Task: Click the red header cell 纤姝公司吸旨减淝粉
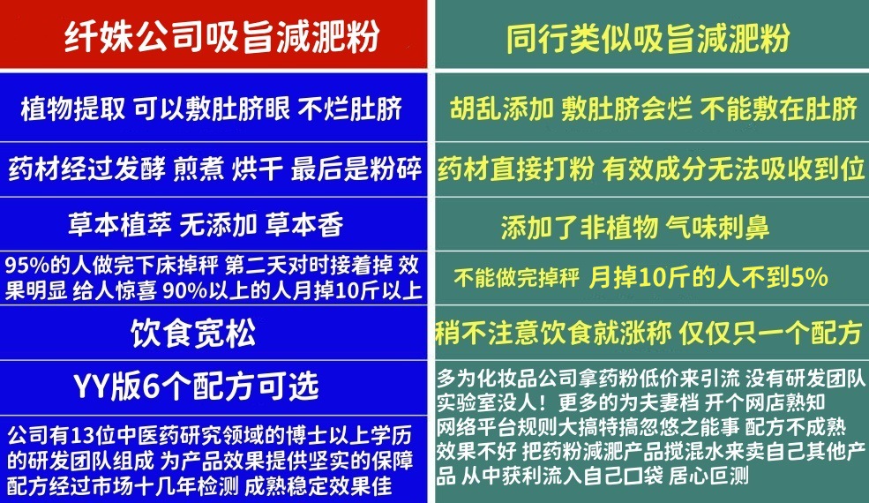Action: tap(214, 38)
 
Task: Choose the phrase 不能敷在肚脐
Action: tap(778, 109)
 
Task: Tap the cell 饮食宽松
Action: tap(193, 334)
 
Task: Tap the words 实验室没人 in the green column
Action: tap(483, 402)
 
